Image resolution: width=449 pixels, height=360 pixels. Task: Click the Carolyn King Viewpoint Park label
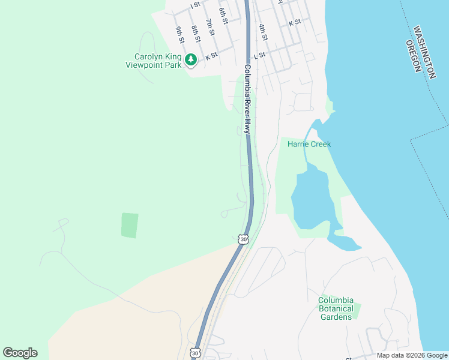tap(158, 61)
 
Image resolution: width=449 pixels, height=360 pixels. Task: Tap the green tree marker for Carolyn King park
tap(191, 59)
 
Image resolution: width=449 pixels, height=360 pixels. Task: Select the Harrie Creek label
tap(309, 144)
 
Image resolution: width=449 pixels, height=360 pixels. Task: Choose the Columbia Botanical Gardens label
tap(336, 308)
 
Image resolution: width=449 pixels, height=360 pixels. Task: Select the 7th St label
tap(209, 28)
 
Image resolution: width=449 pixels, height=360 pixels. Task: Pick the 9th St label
tap(179, 35)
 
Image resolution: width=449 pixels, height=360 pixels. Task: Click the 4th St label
tap(262, 31)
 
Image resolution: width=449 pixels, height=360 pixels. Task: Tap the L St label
tap(259, 55)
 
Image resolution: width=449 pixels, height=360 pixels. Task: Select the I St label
tap(194, 5)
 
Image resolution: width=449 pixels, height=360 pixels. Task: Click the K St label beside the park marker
tap(211, 57)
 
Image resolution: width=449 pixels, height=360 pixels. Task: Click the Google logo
tap(20, 353)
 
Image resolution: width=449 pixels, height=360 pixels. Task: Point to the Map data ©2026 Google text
tap(412, 355)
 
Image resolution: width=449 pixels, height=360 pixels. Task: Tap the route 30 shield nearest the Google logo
tap(196, 353)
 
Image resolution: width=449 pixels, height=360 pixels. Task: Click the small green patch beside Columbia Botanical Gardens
tap(357, 311)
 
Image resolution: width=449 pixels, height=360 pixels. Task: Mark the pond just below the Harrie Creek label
tap(310, 198)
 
